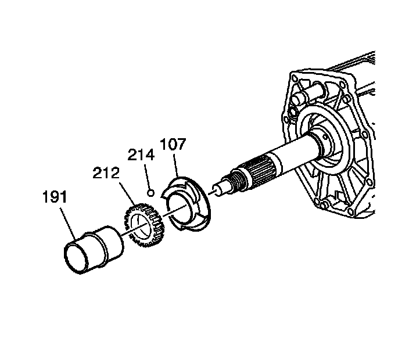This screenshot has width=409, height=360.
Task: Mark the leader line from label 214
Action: coord(148,175)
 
